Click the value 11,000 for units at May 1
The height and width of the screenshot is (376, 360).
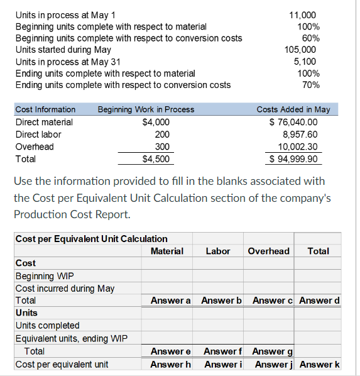pyautogui.click(x=303, y=14)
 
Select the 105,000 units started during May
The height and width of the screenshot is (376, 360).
pyautogui.click(x=300, y=50)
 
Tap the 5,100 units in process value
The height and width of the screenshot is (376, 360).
pyautogui.click(x=305, y=62)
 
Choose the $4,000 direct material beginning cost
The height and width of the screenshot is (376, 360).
pyautogui.click(x=156, y=122)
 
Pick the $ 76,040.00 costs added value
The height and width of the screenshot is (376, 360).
pyautogui.click(x=293, y=122)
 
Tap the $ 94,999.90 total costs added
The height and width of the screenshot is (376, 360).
pyautogui.click(x=293, y=159)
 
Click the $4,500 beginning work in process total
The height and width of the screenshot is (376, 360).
pyautogui.click(x=156, y=159)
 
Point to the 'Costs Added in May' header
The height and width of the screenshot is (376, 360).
pyautogui.click(x=293, y=109)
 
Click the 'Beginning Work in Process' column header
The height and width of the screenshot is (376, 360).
pyautogui.click(x=146, y=109)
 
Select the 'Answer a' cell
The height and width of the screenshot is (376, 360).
pyautogui.click(x=171, y=301)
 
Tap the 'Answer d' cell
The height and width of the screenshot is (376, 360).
pyautogui.click(x=319, y=301)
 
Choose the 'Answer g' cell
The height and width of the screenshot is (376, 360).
pyautogui.click(x=268, y=351)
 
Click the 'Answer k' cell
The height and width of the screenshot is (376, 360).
pyautogui.click(x=319, y=364)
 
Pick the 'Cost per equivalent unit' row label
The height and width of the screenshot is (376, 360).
pyautogui.click(x=62, y=364)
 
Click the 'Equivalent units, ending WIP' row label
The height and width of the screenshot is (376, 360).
pyautogui.click(x=71, y=339)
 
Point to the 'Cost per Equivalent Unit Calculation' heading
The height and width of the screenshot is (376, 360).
pyautogui.click(x=91, y=239)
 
